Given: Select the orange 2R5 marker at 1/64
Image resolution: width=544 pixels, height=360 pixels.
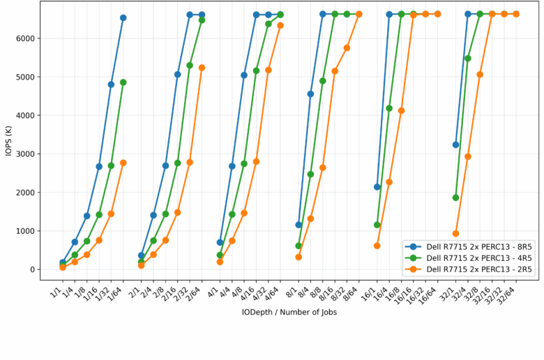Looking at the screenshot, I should [123, 163].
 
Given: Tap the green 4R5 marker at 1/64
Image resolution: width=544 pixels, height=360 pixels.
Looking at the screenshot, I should [123, 82].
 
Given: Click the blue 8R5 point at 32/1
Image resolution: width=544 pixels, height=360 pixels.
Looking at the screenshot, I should [455, 144].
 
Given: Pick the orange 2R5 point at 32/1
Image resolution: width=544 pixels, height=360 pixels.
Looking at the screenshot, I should [455, 234].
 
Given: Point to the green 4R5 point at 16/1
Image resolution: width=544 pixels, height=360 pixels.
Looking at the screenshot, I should [377, 225].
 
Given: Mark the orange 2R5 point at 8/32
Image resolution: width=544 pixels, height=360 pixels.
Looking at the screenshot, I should [347, 47].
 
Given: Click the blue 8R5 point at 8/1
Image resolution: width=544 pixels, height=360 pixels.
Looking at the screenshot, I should [299, 225].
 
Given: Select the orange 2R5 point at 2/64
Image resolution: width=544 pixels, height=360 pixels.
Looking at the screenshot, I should [202, 68].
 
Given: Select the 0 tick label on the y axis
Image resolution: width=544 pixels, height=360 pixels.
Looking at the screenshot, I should [33, 269].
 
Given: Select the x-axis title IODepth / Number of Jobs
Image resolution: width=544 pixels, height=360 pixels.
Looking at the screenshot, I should [289, 313].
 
